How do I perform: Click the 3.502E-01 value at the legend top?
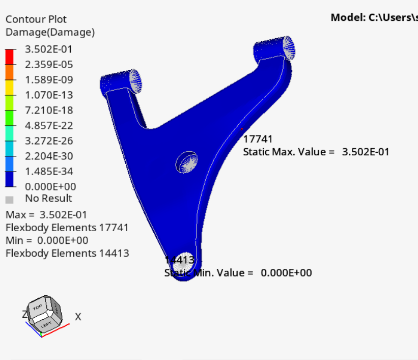pyautogui.click(x=49, y=49)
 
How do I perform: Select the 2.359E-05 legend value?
pyautogui.click(x=49, y=65)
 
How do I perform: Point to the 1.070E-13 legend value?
pyautogui.click(x=49, y=95)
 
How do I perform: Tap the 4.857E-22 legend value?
pyautogui.click(x=49, y=126)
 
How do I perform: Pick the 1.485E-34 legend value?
pyautogui.click(x=49, y=172)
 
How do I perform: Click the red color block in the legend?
pyautogui.click(x=10, y=57)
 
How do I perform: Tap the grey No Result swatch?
pyautogui.click(x=9, y=199)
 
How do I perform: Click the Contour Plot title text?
pyautogui.click(x=36, y=19)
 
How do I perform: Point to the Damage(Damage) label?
pyautogui.click(x=50, y=32)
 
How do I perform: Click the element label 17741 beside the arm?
pyautogui.click(x=258, y=139)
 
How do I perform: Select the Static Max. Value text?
pyautogui.click(x=289, y=152)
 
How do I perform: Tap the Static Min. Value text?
pyautogui.click(x=209, y=273)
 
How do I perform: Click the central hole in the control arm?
pyautogui.click(x=187, y=162)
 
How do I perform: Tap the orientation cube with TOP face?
pyautogui.click(x=45, y=311)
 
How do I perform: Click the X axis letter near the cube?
pyautogui.click(x=78, y=317)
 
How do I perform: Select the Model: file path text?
pyautogui.click(x=374, y=17)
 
